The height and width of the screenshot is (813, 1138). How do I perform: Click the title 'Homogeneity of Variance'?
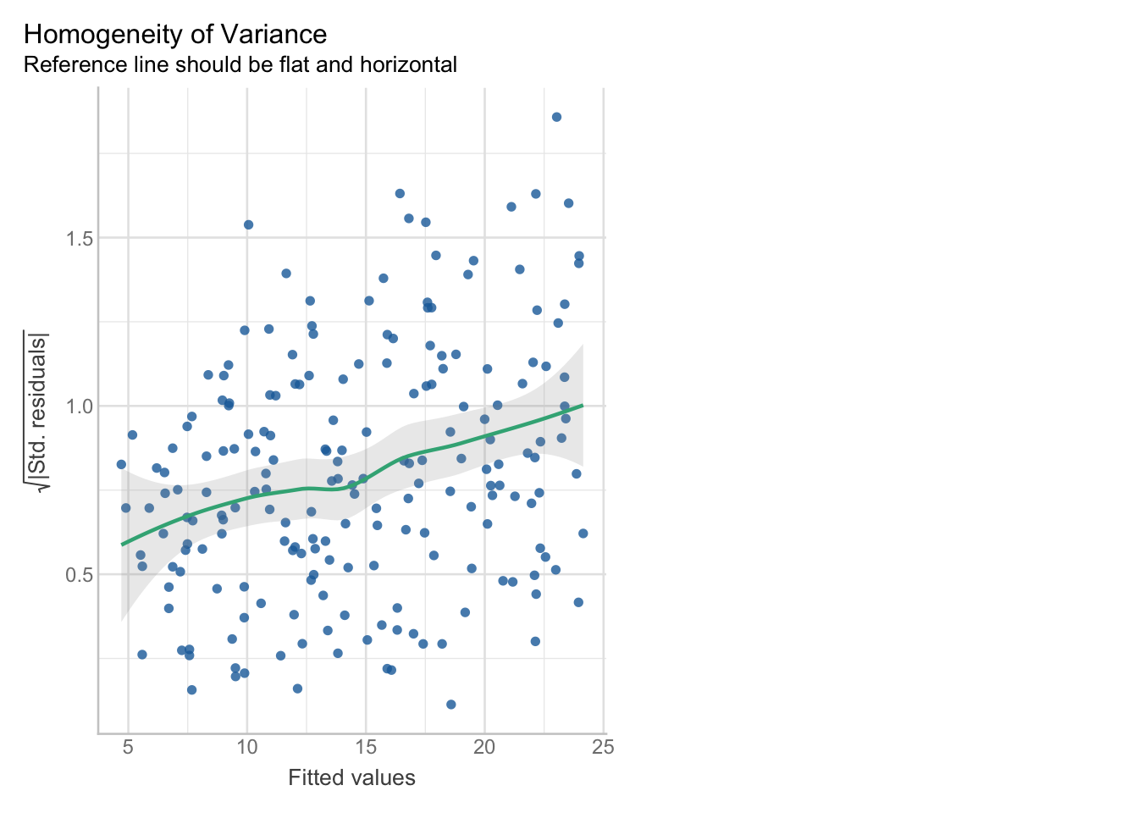pyautogui.click(x=175, y=35)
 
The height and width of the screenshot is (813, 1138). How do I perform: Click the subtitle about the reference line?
pyautogui.click(x=240, y=64)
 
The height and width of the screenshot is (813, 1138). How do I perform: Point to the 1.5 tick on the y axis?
pyautogui.click(x=78, y=238)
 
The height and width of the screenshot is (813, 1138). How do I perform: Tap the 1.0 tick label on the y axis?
pyautogui.click(x=78, y=406)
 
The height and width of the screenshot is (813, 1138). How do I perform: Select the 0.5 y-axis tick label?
pyautogui.click(x=78, y=574)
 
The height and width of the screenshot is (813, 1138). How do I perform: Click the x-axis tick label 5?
pyautogui.click(x=128, y=748)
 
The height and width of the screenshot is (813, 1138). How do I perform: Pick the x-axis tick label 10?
pyautogui.click(x=246, y=748)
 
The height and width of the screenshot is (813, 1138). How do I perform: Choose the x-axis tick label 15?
pyautogui.click(x=366, y=748)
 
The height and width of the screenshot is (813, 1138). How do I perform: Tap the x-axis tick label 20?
pyautogui.click(x=484, y=748)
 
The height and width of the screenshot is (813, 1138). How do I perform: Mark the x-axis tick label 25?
pyautogui.click(x=603, y=748)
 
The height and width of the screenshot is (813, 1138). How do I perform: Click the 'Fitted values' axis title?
pyautogui.click(x=351, y=778)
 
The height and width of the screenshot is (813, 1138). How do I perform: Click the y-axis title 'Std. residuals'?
pyautogui.click(x=38, y=411)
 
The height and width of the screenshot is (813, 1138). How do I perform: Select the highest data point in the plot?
pyautogui.click(x=556, y=117)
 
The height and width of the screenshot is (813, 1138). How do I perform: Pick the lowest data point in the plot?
pyautogui.click(x=451, y=705)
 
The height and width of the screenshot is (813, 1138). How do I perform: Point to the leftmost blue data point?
pyautogui.click(x=121, y=464)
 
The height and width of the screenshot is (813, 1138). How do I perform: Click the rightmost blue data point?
pyautogui.click(x=583, y=534)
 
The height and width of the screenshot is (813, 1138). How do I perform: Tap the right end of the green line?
pyautogui.click(x=583, y=406)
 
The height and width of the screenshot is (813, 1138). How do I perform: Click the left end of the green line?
pyautogui.click(x=122, y=544)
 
